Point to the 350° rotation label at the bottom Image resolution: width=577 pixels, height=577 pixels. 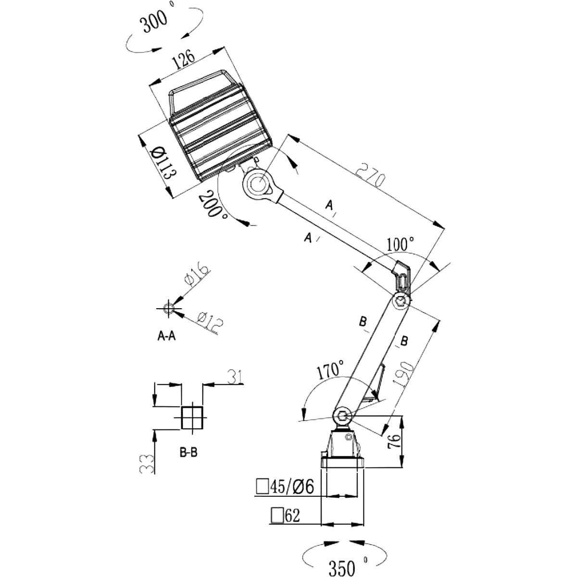[344, 567]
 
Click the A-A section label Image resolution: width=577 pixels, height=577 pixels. [167, 337]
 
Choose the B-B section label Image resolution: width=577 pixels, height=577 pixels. [189, 452]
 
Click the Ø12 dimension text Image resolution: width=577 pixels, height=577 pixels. [210, 323]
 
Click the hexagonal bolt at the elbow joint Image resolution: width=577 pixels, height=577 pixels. [401, 301]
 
